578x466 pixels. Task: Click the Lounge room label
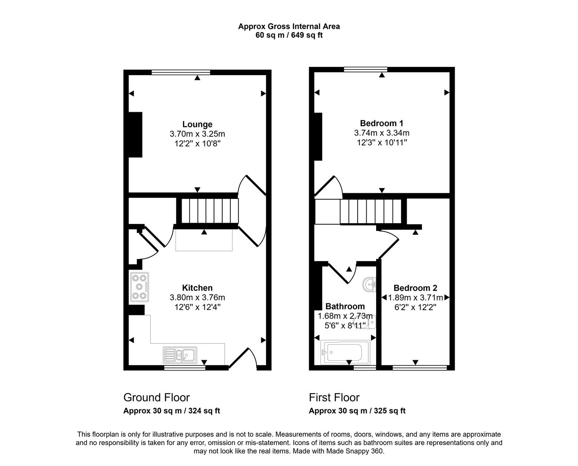tap(197, 124)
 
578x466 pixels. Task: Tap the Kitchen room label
tap(197, 288)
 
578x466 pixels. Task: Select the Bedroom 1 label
tap(381, 123)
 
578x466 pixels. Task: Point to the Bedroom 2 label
tap(415, 288)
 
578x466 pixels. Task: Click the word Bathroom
tap(345, 306)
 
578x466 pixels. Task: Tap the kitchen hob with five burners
tap(139, 287)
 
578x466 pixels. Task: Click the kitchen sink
tap(180, 355)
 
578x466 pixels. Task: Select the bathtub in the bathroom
tap(345, 353)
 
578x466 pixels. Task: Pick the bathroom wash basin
tap(369, 285)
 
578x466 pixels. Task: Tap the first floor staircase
tap(371, 212)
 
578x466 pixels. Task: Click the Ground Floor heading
tap(156, 397)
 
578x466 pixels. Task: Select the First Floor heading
tap(334, 397)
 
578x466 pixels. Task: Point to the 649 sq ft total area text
tap(307, 35)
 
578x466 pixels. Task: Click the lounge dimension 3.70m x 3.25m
tap(197, 134)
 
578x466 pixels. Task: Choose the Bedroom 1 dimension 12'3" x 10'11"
tap(382, 142)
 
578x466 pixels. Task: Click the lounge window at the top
tap(181, 72)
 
